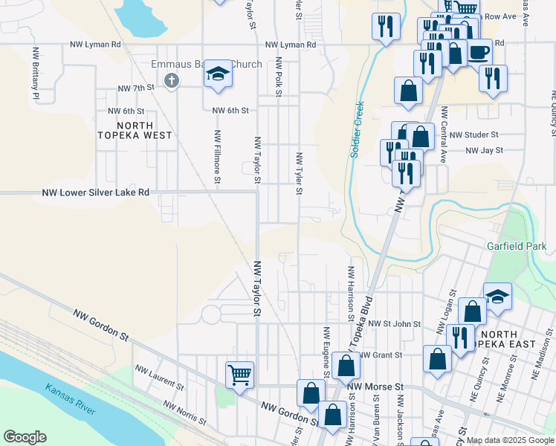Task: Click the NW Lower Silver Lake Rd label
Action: [96, 192]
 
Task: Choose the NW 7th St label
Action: [135, 88]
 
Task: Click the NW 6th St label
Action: [230, 110]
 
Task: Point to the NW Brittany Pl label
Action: [35, 74]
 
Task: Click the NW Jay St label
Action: [483, 151]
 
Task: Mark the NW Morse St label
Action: [375, 387]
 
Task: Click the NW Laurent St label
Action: [158, 378]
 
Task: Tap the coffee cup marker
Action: [478, 53]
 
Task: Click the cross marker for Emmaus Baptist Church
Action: [172, 80]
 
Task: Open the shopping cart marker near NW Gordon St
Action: [239, 374]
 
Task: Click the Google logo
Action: [25, 437]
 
